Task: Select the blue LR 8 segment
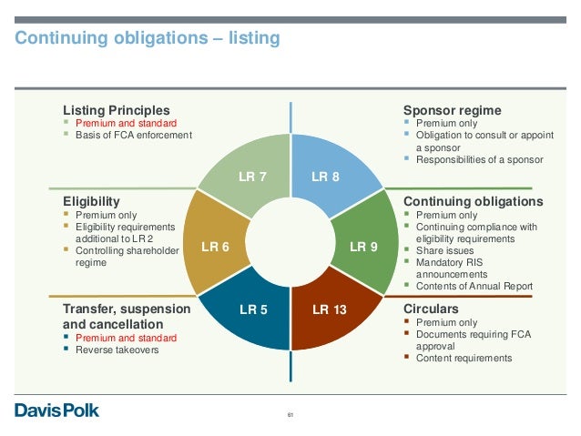pos(325,176)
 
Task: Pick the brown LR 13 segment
pos(329,310)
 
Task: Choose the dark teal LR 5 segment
pos(253,310)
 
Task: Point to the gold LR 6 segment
pos(215,246)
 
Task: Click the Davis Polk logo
pos(56,410)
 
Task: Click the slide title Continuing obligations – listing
pos(146,38)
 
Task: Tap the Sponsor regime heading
pos(452,110)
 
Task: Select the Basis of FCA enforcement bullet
pos(134,136)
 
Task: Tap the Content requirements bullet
pos(464,358)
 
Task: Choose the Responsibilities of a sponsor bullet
pos(479,159)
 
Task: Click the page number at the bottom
pos(290,417)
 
